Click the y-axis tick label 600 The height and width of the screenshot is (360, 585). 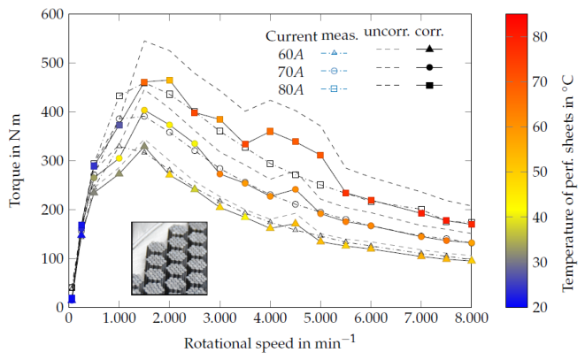[52, 14]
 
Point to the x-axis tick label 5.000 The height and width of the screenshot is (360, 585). [320, 318]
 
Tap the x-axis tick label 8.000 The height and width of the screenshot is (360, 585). [471, 318]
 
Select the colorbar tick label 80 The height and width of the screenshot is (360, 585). [540, 36]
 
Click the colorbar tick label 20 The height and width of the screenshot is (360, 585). [540, 307]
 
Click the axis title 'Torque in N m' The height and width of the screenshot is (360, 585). [15, 160]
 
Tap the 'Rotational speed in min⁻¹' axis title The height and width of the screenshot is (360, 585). [270, 341]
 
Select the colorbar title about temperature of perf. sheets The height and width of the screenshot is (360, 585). [567, 183]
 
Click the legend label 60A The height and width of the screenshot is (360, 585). [290, 55]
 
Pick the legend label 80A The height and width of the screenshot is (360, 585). [290, 89]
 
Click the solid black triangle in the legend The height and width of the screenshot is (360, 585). [429, 49]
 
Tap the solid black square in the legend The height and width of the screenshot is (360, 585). [429, 86]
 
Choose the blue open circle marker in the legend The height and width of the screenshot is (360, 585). [334, 71]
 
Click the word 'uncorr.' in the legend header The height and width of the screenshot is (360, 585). [387, 32]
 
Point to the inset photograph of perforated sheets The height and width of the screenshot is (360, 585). [169, 258]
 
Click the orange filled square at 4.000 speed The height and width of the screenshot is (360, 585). [270, 131]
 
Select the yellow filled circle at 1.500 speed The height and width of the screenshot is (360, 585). [144, 110]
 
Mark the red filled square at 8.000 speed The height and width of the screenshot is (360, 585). [472, 224]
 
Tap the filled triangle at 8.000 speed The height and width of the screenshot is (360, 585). [472, 260]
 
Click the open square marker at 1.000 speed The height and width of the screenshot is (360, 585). [119, 96]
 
